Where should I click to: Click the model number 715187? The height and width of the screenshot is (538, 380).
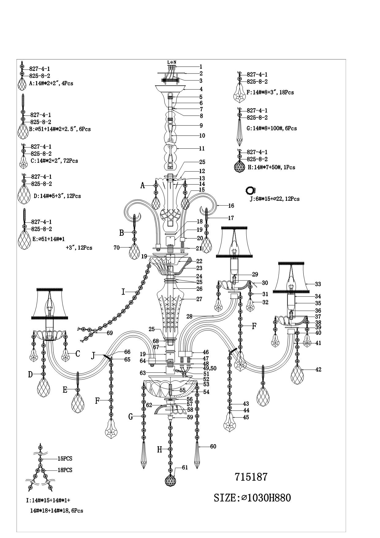coord(251,477)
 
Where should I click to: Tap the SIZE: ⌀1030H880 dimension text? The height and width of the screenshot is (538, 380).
coord(252,498)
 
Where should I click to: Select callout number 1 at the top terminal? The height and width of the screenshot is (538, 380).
coord(201,67)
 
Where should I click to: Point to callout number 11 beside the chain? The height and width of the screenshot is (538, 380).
coord(202,148)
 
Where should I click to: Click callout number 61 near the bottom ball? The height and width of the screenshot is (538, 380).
coord(184,467)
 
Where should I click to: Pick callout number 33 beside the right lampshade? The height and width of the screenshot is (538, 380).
coord(318,284)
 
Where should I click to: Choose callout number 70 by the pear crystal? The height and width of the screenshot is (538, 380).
coord(116,248)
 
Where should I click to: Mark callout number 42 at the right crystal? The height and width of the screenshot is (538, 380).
coord(318,369)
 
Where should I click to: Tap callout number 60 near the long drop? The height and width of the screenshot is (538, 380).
coord(213,446)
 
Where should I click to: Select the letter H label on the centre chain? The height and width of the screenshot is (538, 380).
coord(160,450)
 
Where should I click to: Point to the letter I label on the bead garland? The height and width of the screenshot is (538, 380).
coord(123,292)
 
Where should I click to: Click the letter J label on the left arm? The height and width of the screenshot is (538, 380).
coord(93,356)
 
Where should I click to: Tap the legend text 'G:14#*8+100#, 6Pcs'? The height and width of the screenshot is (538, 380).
coord(272,128)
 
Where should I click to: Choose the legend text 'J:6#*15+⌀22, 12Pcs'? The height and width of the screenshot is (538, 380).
coord(275,199)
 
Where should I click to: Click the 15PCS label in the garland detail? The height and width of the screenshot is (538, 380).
coord(65,459)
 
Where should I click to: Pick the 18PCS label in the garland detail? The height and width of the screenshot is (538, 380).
coord(65,470)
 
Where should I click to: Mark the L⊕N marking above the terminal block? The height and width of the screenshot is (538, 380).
coord(172,62)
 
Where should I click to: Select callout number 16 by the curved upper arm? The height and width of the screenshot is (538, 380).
coord(231,206)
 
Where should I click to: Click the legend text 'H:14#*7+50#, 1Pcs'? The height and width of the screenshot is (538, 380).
coord(271,167)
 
